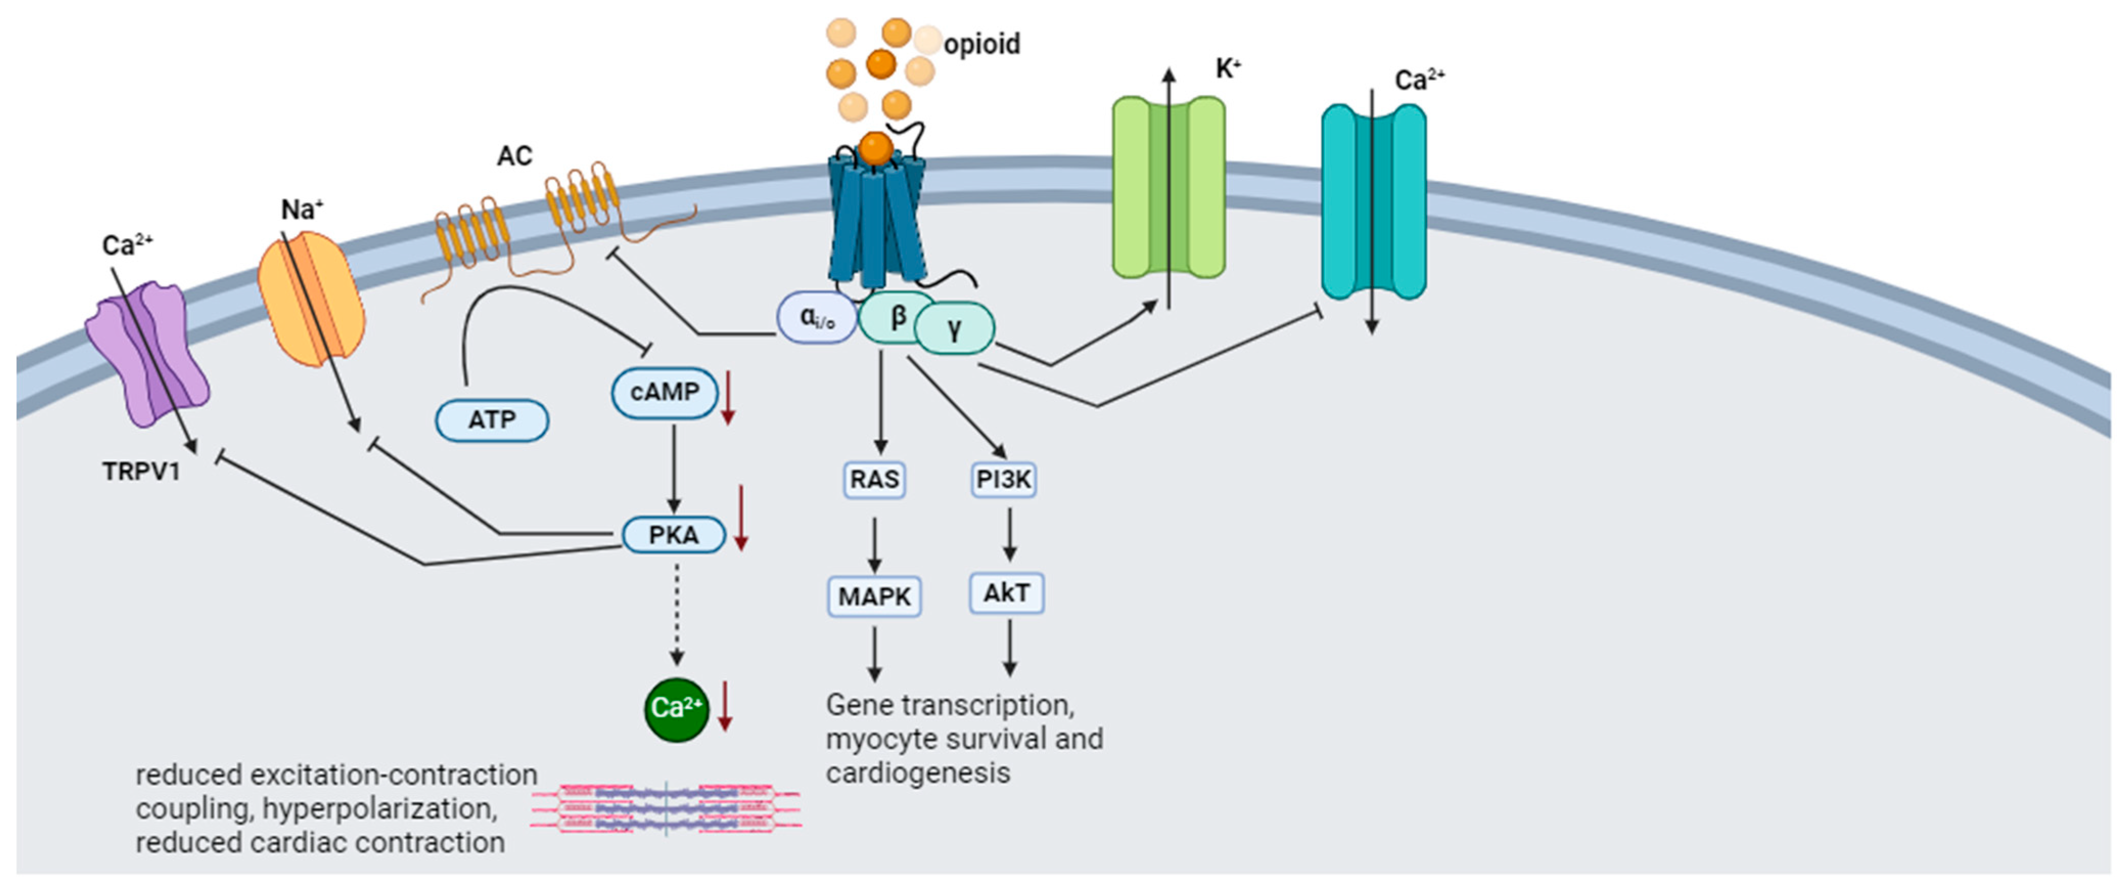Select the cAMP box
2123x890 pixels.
click(664, 392)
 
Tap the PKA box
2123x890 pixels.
click(673, 535)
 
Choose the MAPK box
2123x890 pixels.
click(874, 596)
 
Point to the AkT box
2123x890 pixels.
click(1006, 593)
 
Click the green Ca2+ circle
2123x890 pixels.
click(676, 709)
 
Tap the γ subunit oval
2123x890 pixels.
click(954, 329)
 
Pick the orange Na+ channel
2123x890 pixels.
click(312, 298)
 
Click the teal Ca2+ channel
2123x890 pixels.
click(1373, 201)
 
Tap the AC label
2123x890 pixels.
click(514, 156)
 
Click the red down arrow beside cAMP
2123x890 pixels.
click(728, 399)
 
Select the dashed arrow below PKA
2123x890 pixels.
click(676, 614)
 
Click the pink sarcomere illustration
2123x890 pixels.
click(666, 808)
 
